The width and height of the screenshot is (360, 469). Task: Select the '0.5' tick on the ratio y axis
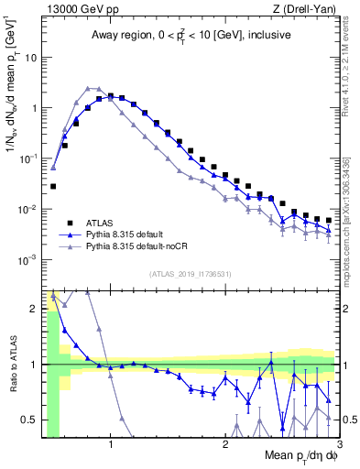[29, 420]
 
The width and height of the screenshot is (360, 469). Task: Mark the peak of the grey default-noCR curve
[89, 88]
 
